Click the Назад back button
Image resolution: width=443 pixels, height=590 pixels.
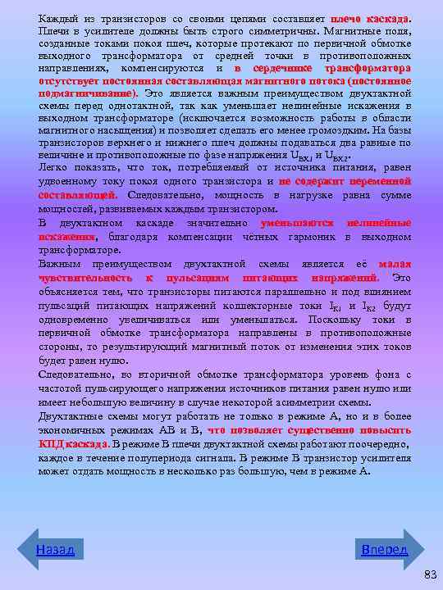point(55,549)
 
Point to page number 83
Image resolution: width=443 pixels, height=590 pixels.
point(430,575)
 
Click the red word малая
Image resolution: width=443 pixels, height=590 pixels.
point(395,264)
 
